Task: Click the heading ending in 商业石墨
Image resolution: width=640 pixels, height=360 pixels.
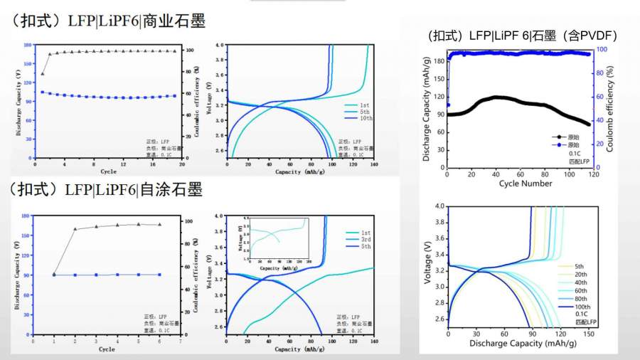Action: click(x=107, y=22)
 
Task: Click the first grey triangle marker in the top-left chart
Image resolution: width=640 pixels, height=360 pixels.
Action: click(x=43, y=73)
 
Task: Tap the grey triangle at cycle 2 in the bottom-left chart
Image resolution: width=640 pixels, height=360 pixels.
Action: click(x=75, y=229)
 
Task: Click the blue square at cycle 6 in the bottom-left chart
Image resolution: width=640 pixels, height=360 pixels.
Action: click(x=159, y=274)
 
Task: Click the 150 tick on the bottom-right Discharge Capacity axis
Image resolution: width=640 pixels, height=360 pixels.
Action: click(x=588, y=333)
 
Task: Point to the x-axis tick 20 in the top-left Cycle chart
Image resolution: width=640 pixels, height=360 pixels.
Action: click(x=182, y=164)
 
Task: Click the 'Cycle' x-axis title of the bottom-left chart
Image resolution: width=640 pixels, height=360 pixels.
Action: click(x=107, y=349)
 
